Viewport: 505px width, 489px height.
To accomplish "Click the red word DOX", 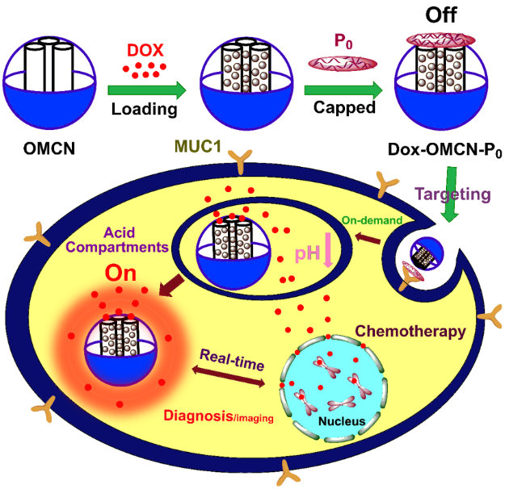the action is tap(145, 50).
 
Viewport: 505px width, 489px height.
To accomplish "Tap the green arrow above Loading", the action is tap(147, 90).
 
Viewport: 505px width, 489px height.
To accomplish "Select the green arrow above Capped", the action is tap(343, 90).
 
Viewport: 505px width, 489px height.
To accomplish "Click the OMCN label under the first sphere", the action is tap(49, 148).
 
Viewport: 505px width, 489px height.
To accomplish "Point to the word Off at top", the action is tap(441, 15).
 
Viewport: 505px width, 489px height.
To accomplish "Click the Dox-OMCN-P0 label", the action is tap(444, 150).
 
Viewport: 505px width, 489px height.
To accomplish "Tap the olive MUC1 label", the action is tap(198, 146).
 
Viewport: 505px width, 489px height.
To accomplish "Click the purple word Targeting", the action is tap(452, 194).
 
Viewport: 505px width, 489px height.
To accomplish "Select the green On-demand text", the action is tap(372, 220).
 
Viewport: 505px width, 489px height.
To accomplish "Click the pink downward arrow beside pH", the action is tap(328, 250).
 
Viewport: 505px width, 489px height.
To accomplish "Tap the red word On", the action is tap(120, 274).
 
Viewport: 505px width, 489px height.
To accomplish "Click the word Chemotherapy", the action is tap(410, 332).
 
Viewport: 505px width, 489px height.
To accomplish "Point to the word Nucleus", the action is tap(342, 421).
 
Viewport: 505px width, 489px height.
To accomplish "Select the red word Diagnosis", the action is tap(199, 416).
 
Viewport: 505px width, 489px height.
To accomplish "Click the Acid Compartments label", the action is tap(117, 240).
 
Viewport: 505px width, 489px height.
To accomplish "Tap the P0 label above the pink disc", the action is tap(343, 41).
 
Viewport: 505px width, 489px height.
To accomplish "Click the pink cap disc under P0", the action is tap(343, 64).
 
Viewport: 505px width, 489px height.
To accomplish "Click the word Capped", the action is tap(344, 107).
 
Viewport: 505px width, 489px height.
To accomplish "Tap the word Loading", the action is tap(145, 109).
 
